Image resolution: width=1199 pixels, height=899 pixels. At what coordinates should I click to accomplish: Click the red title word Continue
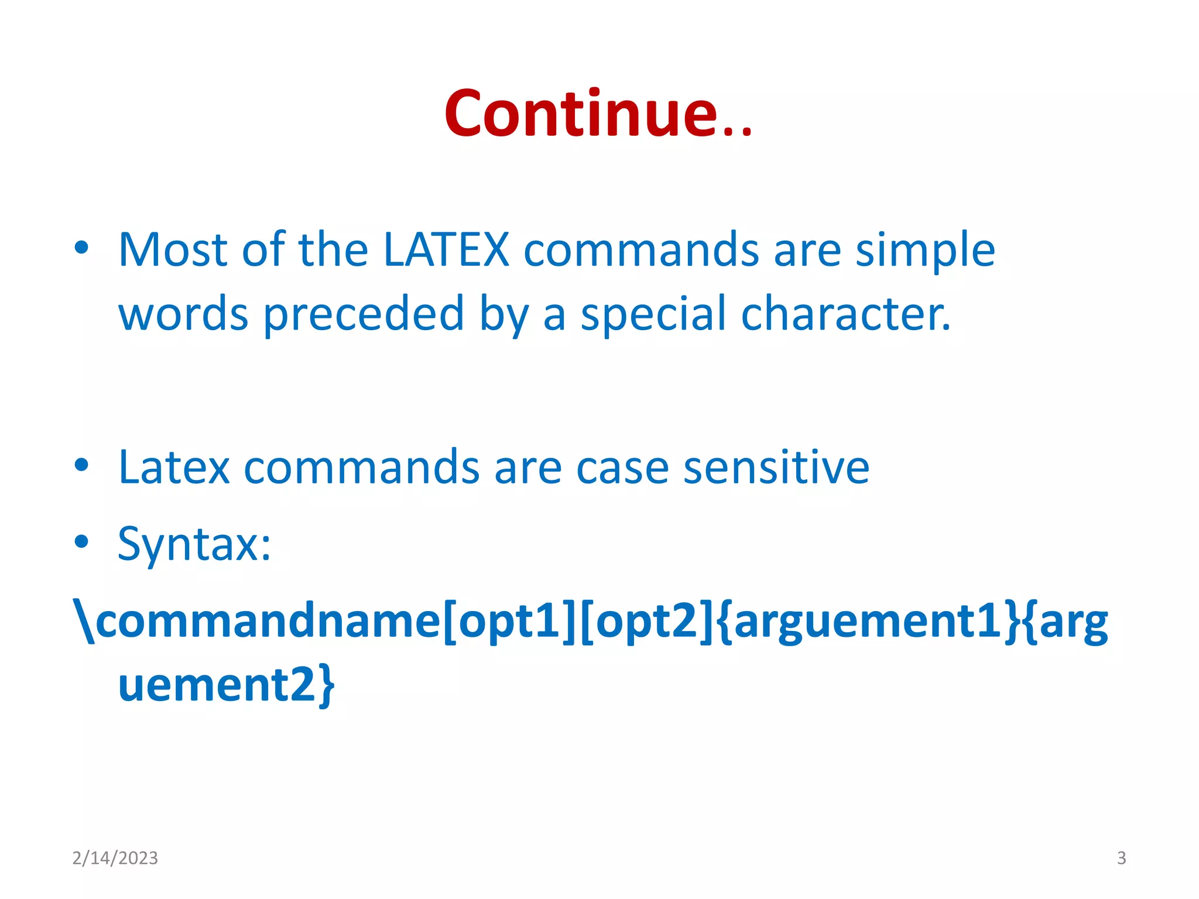tap(597, 114)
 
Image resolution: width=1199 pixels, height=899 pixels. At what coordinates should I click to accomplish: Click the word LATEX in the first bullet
tap(446, 251)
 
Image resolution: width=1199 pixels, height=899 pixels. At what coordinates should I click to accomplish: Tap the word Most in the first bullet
tap(173, 251)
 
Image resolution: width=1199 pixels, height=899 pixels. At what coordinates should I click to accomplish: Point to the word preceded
tap(364, 315)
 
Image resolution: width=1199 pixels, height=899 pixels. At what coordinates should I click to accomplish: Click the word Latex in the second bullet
tap(174, 468)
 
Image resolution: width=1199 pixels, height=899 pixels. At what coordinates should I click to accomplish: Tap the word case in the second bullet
tap(622, 469)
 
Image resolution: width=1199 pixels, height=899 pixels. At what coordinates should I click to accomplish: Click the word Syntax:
tap(194, 544)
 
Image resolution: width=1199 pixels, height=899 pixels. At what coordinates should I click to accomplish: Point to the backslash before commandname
tap(84, 620)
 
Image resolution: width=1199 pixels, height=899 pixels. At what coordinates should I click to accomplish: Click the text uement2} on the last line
tap(227, 685)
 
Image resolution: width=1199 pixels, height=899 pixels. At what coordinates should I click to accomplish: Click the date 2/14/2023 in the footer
tap(115, 858)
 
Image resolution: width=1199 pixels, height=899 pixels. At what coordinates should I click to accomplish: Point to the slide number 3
tap(1121, 858)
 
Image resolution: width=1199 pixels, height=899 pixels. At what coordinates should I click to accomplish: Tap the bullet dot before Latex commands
tap(81, 465)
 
